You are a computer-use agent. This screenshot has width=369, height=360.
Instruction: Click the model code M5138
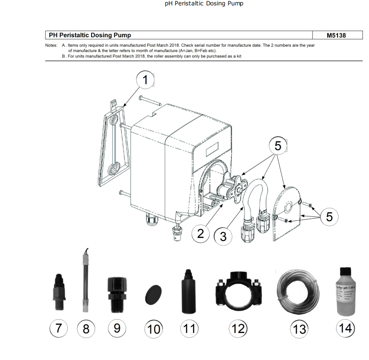(x=336, y=35)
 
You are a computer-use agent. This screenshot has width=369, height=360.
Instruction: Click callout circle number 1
(x=145, y=80)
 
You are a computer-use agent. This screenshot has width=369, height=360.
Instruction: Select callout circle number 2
(x=201, y=233)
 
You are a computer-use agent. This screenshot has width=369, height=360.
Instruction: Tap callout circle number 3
(x=223, y=236)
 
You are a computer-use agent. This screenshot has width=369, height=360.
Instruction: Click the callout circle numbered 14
(x=345, y=328)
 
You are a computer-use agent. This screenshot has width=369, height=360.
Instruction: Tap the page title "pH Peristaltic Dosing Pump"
(x=204, y=4)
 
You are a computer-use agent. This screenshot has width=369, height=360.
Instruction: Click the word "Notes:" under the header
(x=51, y=46)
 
